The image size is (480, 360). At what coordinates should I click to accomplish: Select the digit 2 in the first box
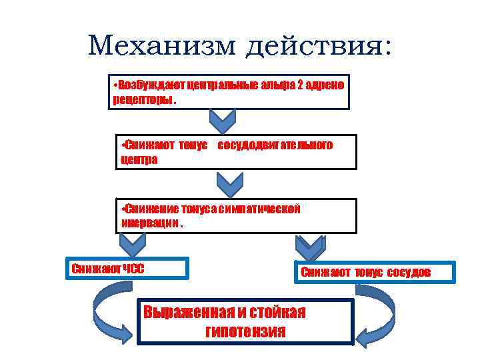[300, 87]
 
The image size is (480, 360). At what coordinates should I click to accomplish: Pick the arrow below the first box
[222, 121]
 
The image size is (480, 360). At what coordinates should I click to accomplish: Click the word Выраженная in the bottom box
[189, 312]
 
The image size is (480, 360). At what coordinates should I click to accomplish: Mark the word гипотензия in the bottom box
[246, 331]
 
